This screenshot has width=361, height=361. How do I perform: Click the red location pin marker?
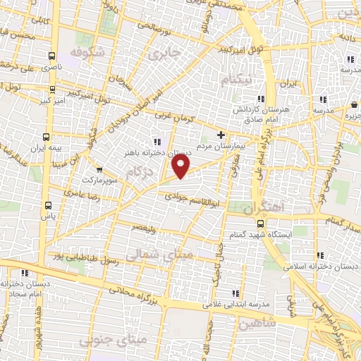click(181, 166)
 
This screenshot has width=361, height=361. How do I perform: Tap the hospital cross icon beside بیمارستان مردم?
click(221, 134)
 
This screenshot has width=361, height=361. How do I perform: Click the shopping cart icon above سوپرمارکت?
click(99, 169)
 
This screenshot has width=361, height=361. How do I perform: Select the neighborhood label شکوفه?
click(88, 51)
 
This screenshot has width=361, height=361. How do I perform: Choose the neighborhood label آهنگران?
click(265, 209)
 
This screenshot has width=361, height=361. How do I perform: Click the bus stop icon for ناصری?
click(51, 56)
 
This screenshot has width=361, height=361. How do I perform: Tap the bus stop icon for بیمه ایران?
click(47, 137)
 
